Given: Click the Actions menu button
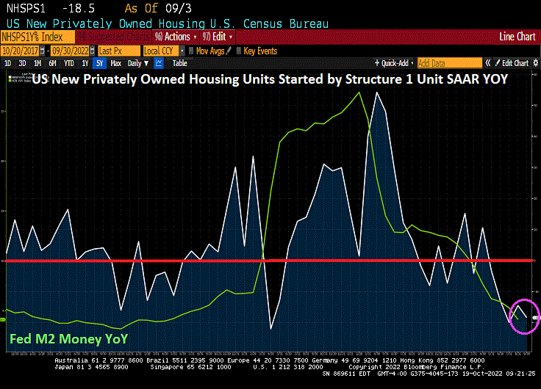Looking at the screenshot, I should [175, 36].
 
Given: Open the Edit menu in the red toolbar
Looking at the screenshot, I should [221, 36].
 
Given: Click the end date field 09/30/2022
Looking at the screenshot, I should [73, 51].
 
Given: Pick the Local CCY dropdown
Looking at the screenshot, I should [160, 51].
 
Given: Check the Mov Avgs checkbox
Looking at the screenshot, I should [192, 51].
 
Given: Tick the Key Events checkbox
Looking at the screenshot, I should [240, 51].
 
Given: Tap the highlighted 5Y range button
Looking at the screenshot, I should [99, 63].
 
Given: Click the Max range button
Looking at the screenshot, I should [115, 63].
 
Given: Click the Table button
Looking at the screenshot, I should [179, 63].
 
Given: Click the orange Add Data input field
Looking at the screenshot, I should [449, 63].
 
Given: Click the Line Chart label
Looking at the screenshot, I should [517, 36].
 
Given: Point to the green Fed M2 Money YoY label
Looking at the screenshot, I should [68, 339].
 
